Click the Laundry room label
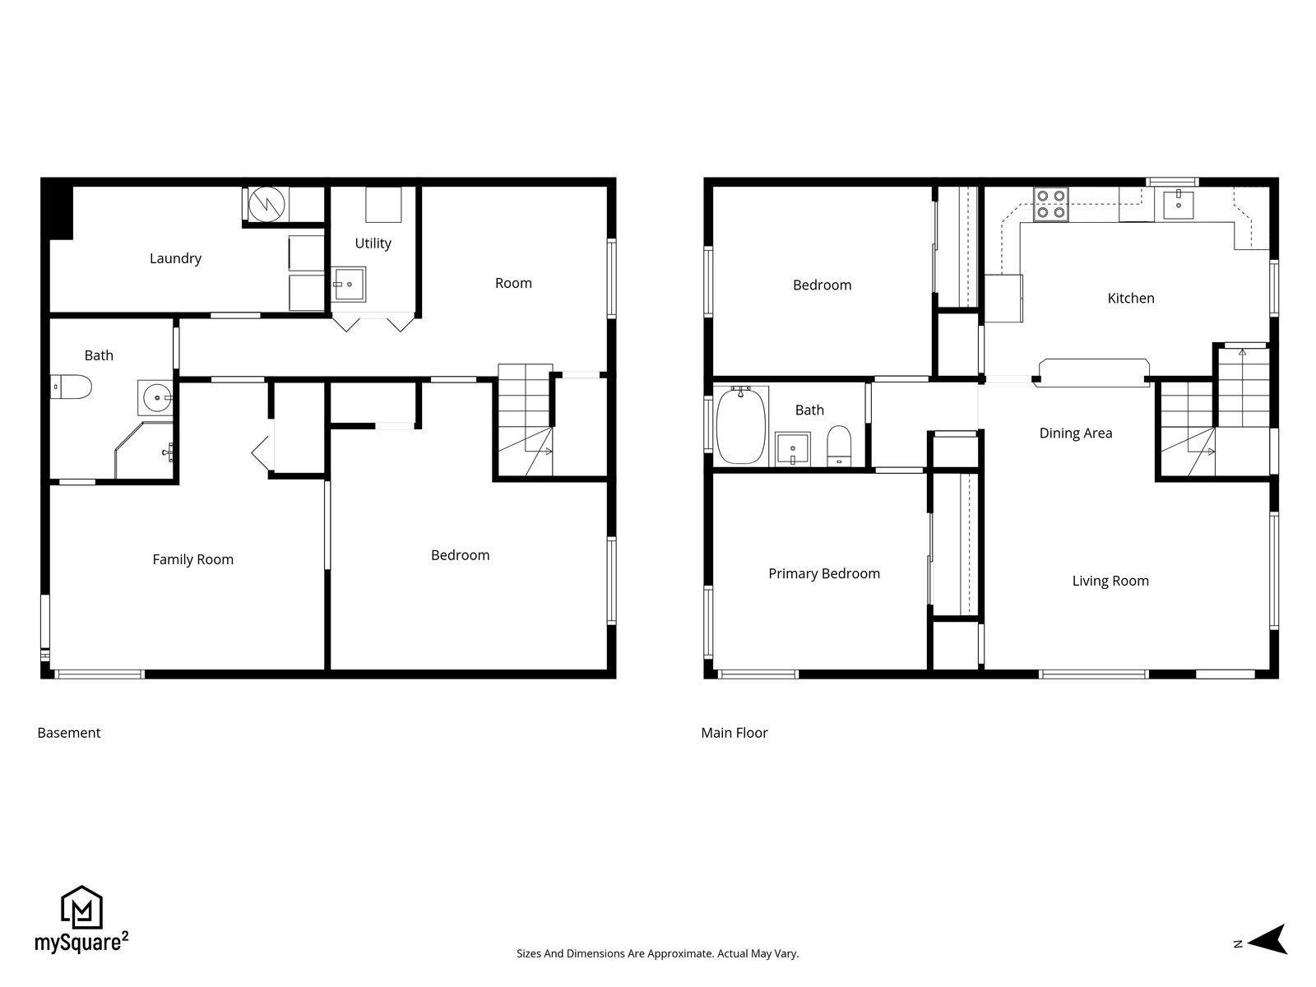pyautogui.click(x=175, y=259)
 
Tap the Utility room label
pyautogui.click(x=373, y=243)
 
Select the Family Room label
pyautogui.click(x=192, y=559)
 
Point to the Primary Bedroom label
pyautogui.click(x=824, y=574)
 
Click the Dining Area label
pyautogui.click(x=1076, y=433)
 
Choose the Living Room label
pyautogui.click(x=1110, y=581)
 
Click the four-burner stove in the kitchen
pyautogui.click(x=1050, y=204)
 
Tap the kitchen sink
pyautogui.click(x=1178, y=204)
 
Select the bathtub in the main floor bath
pyautogui.click(x=741, y=425)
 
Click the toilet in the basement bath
pyautogui.click(x=71, y=387)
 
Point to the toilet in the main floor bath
pyautogui.click(x=839, y=446)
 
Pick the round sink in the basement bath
pyautogui.click(x=156, y=397)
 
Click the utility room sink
pyautogui.click(x=349, y=285)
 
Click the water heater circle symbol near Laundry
pyautogui.click(x=266, y=204)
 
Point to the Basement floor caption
pyautogui.click(x=69, y=733)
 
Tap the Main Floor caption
pyautogui.click(x=734, y=733)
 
